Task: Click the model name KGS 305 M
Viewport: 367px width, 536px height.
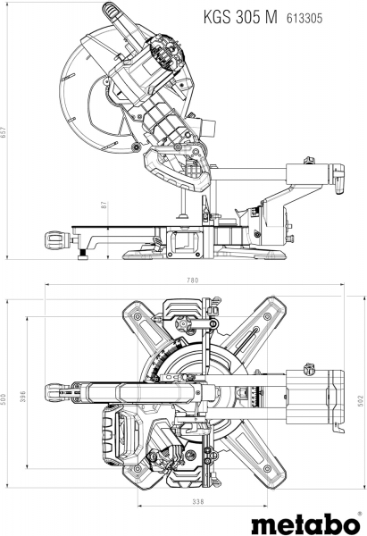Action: click(x=240, y=18)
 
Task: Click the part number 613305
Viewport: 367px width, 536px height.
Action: click(x=304, y=19)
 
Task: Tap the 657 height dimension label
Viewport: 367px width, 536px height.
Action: click(x=4, y=132)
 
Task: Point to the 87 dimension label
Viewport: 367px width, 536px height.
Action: click(x=104, y=205)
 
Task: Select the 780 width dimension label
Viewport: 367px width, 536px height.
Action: click(x=192, y=281)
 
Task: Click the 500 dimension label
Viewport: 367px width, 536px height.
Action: click(x=4, y=398)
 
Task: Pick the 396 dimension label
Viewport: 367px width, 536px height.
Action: click(x=23, y=397)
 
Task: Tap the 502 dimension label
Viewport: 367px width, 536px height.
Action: click(x=360, y=400)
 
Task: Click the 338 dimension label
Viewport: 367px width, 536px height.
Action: click(x=198, y=502)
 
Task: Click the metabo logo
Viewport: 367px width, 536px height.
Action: click(x=305, y=523)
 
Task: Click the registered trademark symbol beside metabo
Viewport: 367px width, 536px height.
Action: click(x=359, y=514)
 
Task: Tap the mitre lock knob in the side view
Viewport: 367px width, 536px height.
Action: click(x=57, y=240)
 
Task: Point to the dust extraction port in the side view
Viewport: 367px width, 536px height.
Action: click(x=206, y=127)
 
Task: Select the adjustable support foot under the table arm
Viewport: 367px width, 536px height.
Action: click(x=82, y=255)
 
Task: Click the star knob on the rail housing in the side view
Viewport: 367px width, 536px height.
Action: click(x=309, y=160)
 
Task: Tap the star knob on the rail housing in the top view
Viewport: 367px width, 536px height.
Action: click(x=309, y=369)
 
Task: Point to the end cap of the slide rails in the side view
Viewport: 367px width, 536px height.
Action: click(x=338, y=179)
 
